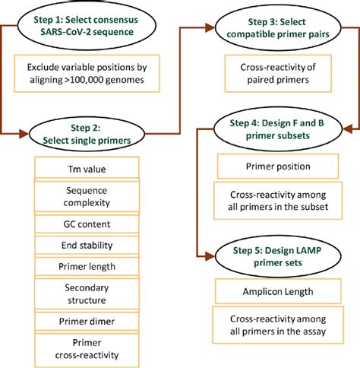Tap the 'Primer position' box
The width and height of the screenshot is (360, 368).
[274, 167]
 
